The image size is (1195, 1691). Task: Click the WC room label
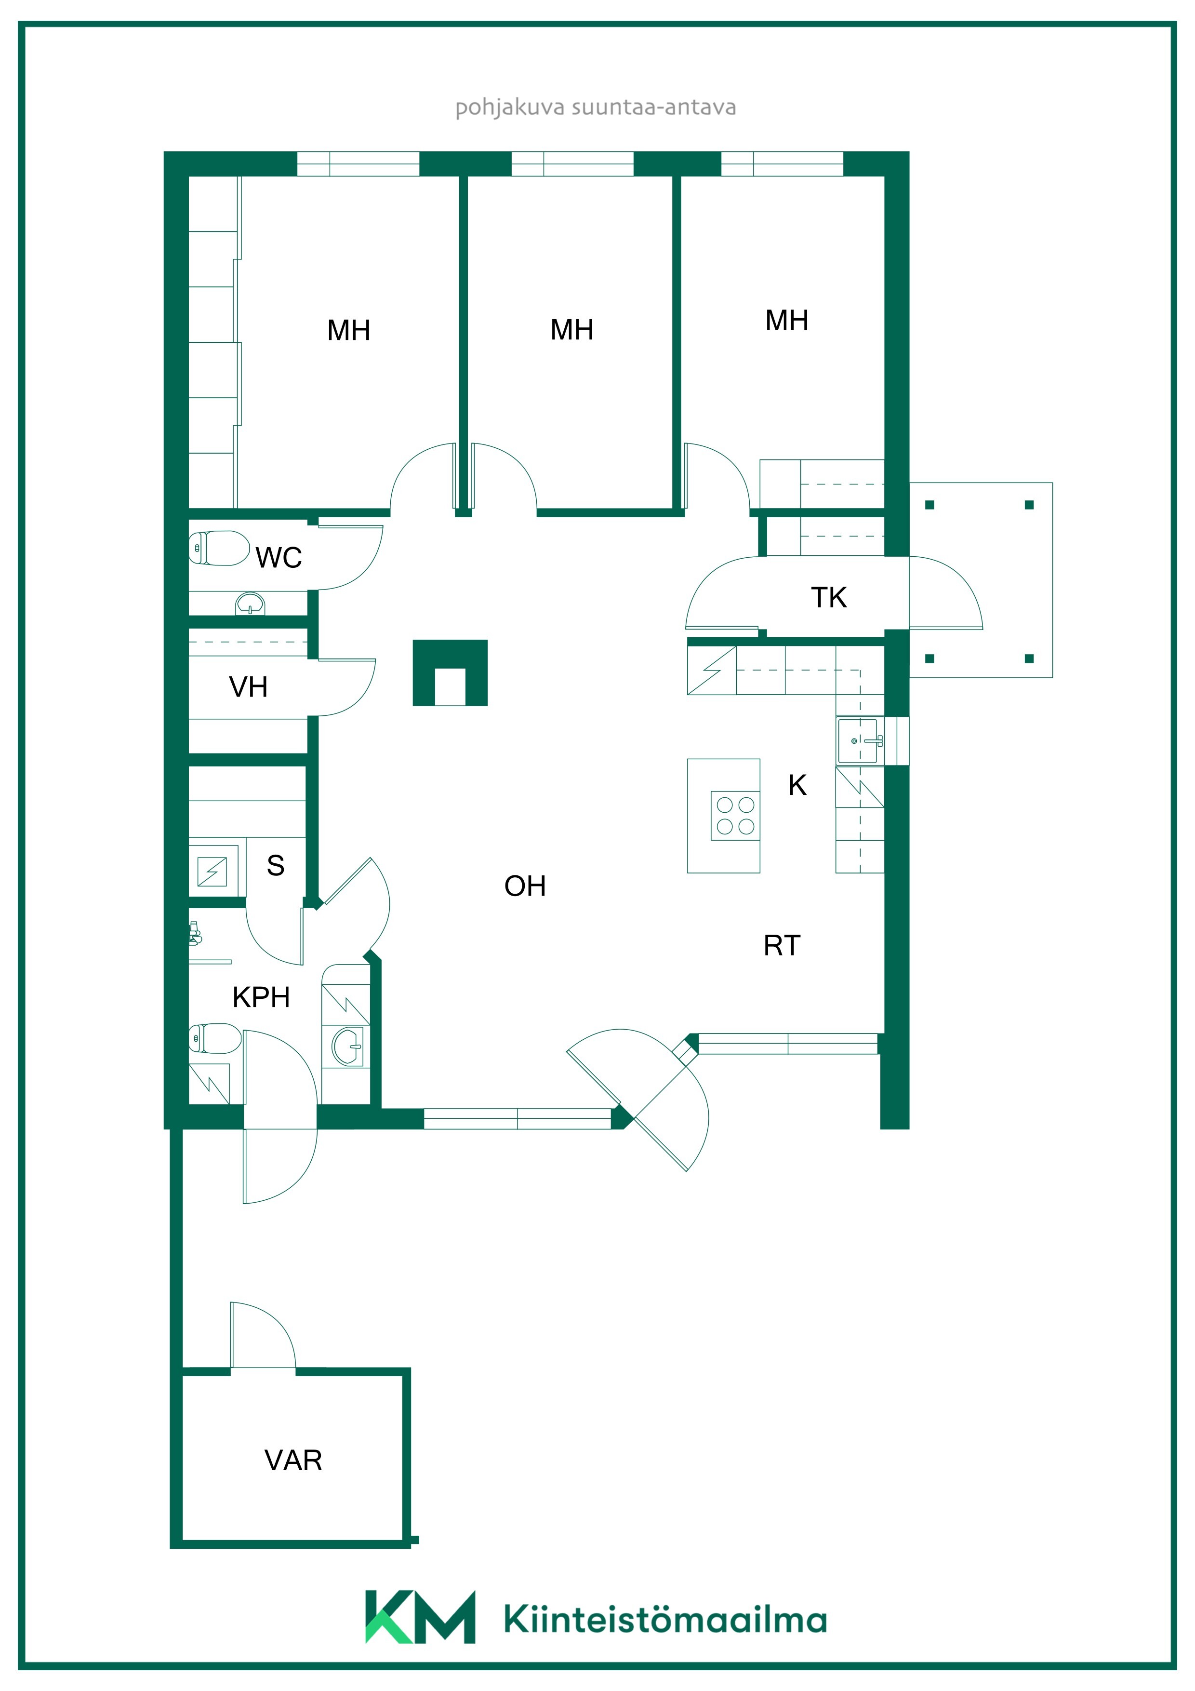point(279,558)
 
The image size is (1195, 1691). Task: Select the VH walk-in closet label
point(248,687)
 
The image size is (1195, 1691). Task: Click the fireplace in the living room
point(450,672)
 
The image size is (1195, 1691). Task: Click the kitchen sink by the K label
point(859,741)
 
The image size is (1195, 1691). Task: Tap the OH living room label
point(525,886)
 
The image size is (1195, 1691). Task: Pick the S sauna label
point(275,865)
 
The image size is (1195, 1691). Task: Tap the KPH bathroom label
point(261,997)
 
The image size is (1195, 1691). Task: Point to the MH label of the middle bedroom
point(572,330)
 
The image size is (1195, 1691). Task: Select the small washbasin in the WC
point(251,604)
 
